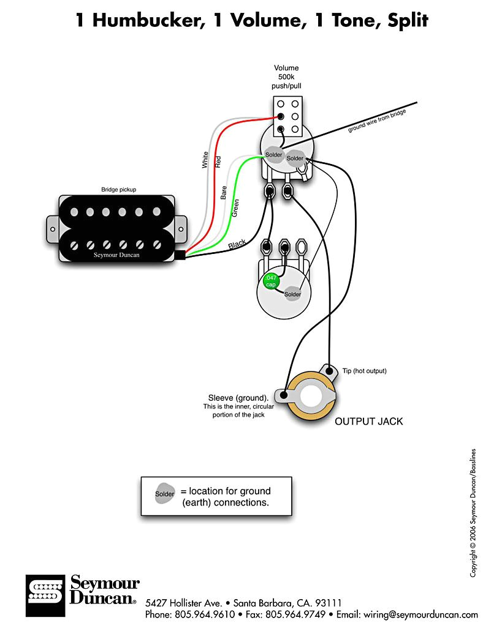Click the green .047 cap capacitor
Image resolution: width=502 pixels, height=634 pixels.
(x=270, y=282)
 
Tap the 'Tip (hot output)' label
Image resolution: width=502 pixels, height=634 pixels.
(x=364, y=371)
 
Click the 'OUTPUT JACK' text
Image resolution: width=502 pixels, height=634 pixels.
(x=368, y=422)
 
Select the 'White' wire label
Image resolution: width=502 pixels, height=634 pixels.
(x=205, y=160)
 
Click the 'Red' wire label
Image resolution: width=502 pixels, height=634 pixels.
(x=218, y=162)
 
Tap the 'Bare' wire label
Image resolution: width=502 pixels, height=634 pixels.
(x=224, y=193)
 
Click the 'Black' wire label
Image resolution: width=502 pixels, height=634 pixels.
(x=237, y=245)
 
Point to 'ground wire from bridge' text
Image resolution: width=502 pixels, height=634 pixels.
(x=377, y=120)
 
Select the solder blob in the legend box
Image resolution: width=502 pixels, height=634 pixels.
(x=164, y=494)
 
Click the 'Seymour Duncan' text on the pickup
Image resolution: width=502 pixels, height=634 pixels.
(x=116, y=255)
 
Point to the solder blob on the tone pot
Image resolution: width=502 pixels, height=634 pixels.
(x=292, y=294)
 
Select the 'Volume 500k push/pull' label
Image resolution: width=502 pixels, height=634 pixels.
(x=286, y=77)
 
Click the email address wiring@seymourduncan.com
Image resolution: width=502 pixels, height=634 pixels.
(x=420, y=614)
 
